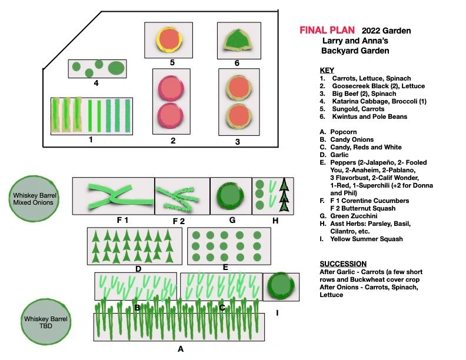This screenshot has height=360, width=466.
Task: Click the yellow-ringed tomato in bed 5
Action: tap(169, 39)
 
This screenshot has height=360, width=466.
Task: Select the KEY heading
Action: tap(327, 70)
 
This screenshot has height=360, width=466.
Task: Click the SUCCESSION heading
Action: tap(343, 264)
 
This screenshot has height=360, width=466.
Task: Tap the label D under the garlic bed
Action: tap(138, 269)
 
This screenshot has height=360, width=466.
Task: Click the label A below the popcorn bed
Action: tap(181, 348)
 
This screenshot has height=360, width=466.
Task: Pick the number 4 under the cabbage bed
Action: tap(95, 83)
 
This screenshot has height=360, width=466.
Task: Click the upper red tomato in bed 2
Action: tap(171, 89)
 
